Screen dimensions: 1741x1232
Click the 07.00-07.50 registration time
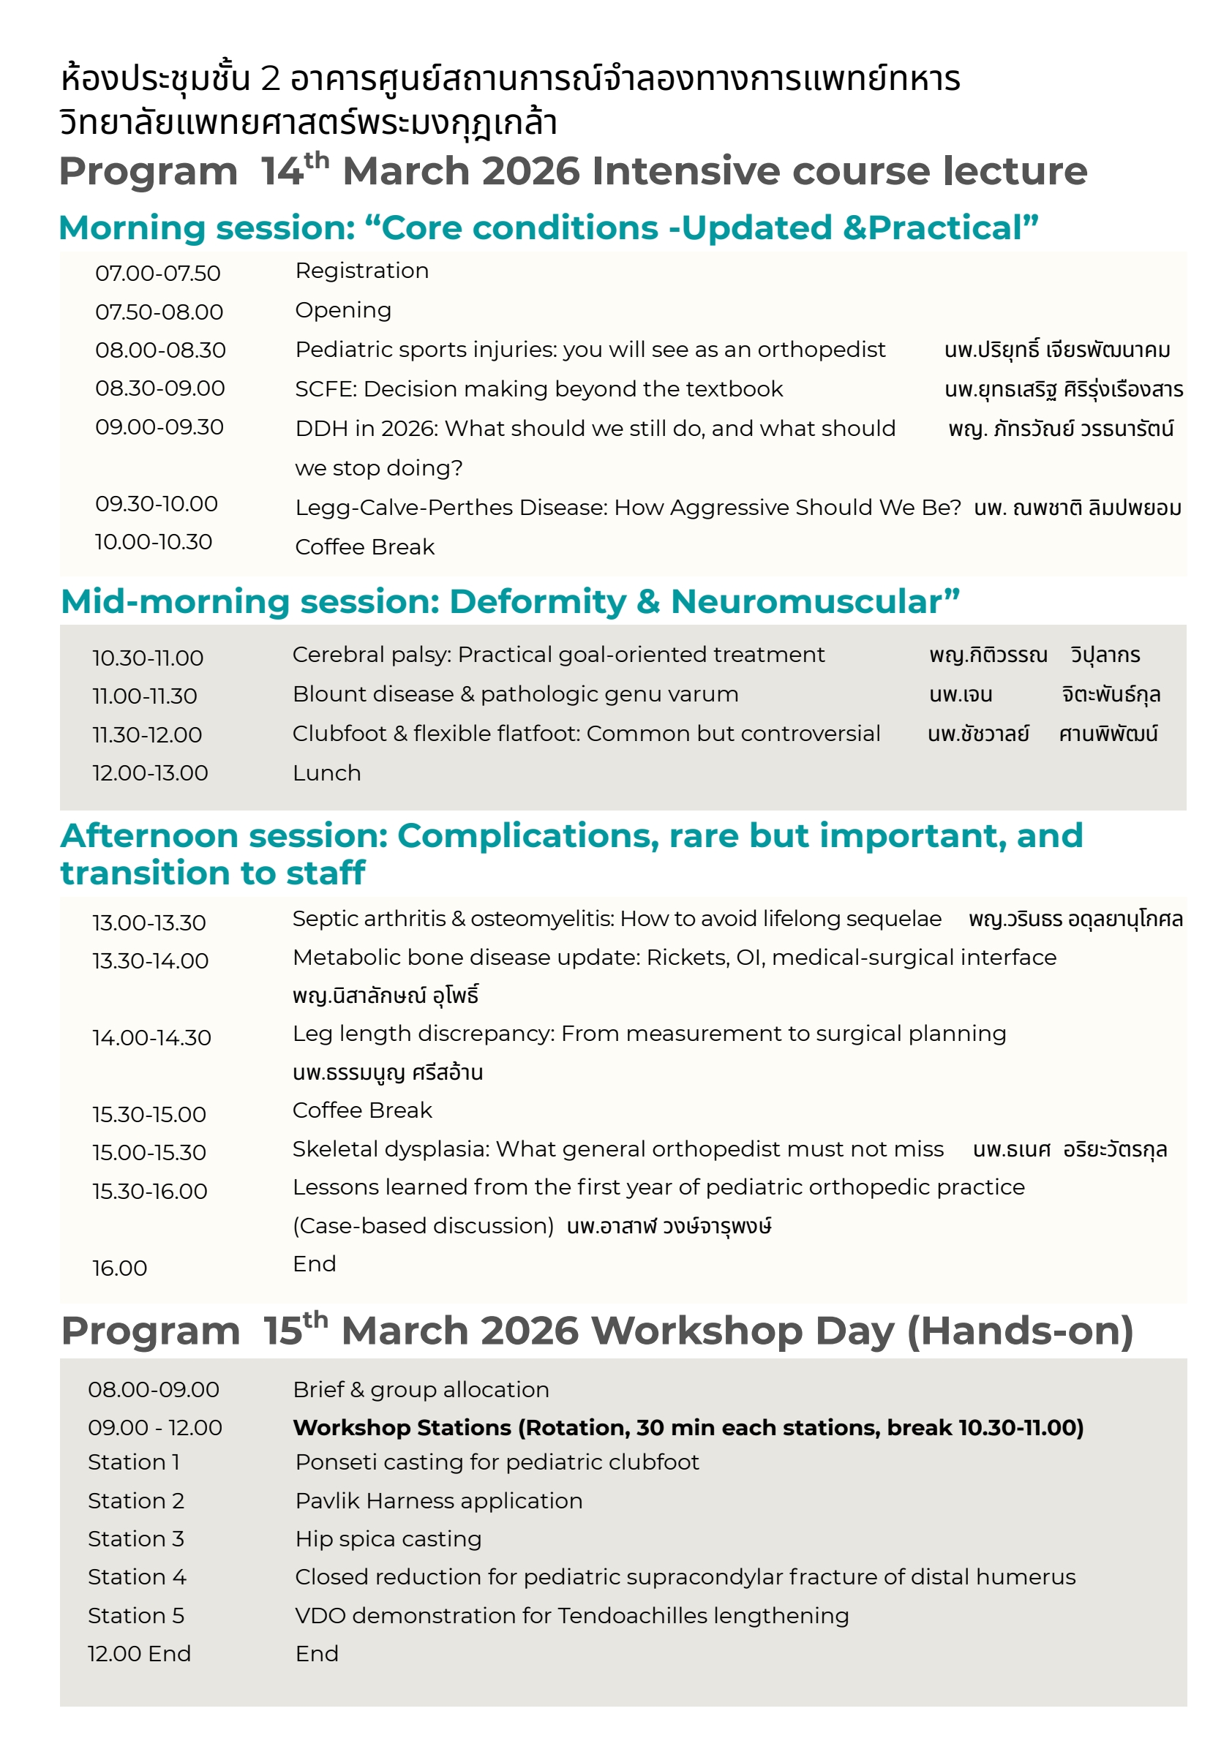click(x=158, y=273)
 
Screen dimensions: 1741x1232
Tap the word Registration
click(x=362, y=271)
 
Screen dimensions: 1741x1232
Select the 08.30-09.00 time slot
click(x=160, y=388)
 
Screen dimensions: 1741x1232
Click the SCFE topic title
click(x=538, y=389)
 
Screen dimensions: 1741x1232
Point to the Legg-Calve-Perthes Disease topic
click(x=628, y=508)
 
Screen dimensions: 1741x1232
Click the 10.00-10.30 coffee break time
click(x=153, y=542)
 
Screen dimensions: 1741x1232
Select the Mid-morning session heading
click(x=510, y=601)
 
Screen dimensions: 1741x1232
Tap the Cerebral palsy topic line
click(x=558, y=655)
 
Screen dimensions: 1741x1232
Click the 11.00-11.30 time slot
click(x=145, y=696)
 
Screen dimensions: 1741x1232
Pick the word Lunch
click(x=327, y=773)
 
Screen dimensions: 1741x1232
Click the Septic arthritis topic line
click(x=617, y=919)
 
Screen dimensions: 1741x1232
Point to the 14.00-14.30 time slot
click(x=151, y=1038)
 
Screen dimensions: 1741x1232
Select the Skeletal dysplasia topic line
click(x=618, y=1149)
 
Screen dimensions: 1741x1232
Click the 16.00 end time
click(x=120, y=1268)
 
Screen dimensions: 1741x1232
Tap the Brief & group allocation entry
click(x=421, y=1390)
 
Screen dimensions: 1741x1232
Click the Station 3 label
click(x=136, y=1538)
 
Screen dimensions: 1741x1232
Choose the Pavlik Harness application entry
click(x=438, y=1500)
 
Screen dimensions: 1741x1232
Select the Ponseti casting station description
click(x=497, y=1462)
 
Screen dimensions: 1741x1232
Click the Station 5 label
click(x=136, y=1616)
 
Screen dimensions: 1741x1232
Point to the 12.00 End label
click(x=140, y=1654)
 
